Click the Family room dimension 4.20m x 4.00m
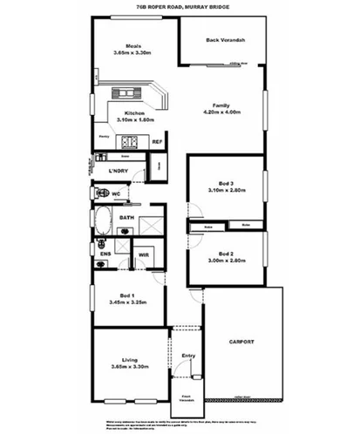221,112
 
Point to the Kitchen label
134,113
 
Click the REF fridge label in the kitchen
157,141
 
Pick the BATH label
126,218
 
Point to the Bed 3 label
226,183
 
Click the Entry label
188,355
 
